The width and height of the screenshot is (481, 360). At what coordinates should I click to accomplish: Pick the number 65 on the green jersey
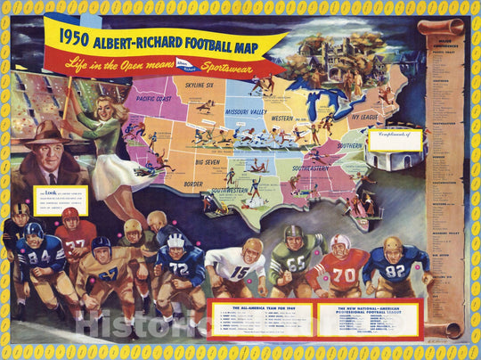pyautogui.click(x=297, y=265)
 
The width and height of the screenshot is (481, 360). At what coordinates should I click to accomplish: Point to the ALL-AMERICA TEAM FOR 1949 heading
pyautogui.click(x=259, y=306)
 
